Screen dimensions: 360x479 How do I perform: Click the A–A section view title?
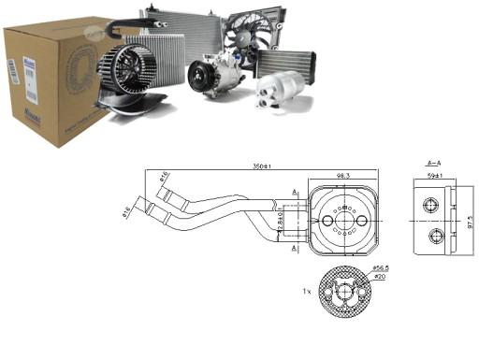point(433,161)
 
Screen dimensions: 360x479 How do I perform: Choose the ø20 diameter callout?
point(381,276)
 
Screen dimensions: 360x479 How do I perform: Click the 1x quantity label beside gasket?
point(307,291)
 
